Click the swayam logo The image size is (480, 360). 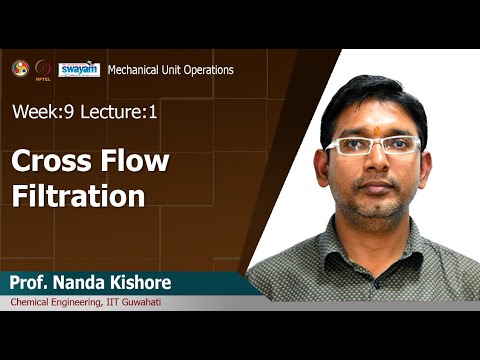(79, 69)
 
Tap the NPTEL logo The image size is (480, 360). (43, 69)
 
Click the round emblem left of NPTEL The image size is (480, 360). (20, 68)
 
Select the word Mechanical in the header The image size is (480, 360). (135, 70)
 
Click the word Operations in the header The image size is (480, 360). (207, 70)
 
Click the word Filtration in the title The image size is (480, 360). (78, 195)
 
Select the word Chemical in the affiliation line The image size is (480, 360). (33, 302)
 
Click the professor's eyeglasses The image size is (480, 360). (373, 146)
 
